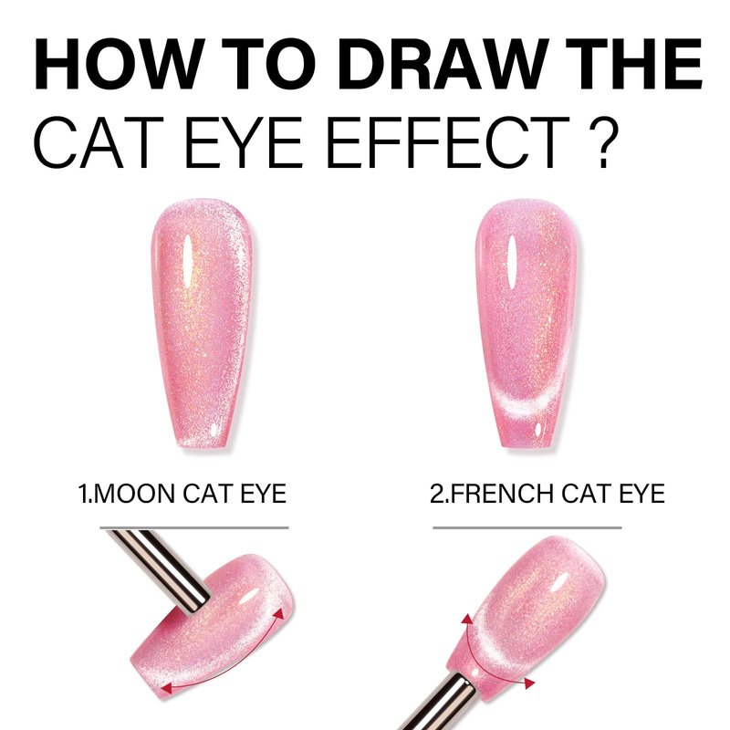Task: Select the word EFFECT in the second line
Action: click(x=448, y=142)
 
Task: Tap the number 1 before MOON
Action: click(x=82, y=494)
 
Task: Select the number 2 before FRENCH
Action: click(x=437, y=494)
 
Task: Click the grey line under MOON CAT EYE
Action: click(x=194, y=528)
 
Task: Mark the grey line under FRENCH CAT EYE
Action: click(x=527, y=528)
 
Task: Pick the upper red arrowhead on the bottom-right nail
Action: click(x=467, y=620)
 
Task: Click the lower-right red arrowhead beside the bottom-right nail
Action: click(x=529, y=683)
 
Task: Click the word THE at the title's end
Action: click(x=633, y=64)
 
